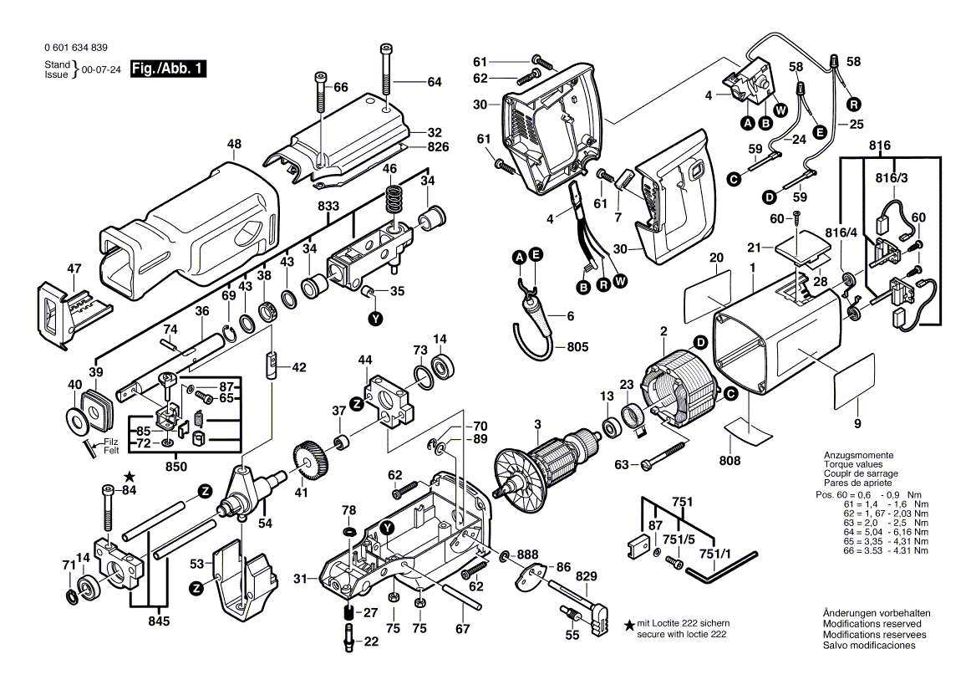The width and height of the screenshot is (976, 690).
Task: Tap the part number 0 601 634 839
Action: pos(74,49)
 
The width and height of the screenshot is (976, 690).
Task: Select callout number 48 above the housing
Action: pos(234,144)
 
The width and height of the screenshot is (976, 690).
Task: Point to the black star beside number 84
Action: pos(129,476)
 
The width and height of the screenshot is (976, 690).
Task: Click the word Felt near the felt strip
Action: pos(112,451)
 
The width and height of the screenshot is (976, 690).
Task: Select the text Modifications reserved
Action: pos(872,624)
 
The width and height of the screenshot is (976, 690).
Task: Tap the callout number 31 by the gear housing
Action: pos(300,578)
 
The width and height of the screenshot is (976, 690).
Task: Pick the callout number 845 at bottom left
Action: pos(160,621)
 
